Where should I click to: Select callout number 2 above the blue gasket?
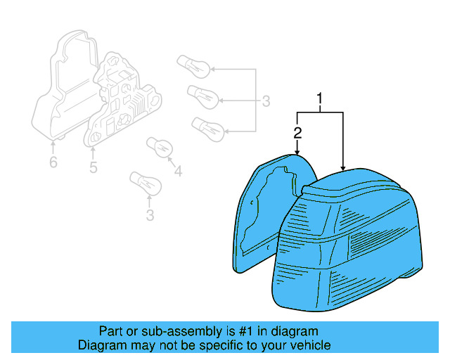[x=298, y=132]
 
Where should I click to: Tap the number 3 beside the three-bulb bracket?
[x=265, y=101]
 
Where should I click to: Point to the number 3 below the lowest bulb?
[x=150, y=215]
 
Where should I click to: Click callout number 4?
[x=177, y=170]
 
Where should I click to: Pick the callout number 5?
[x=93, y=167]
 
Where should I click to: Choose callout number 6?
[x=53, y=163]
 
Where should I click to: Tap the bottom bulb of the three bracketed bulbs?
[x=208, y=128]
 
